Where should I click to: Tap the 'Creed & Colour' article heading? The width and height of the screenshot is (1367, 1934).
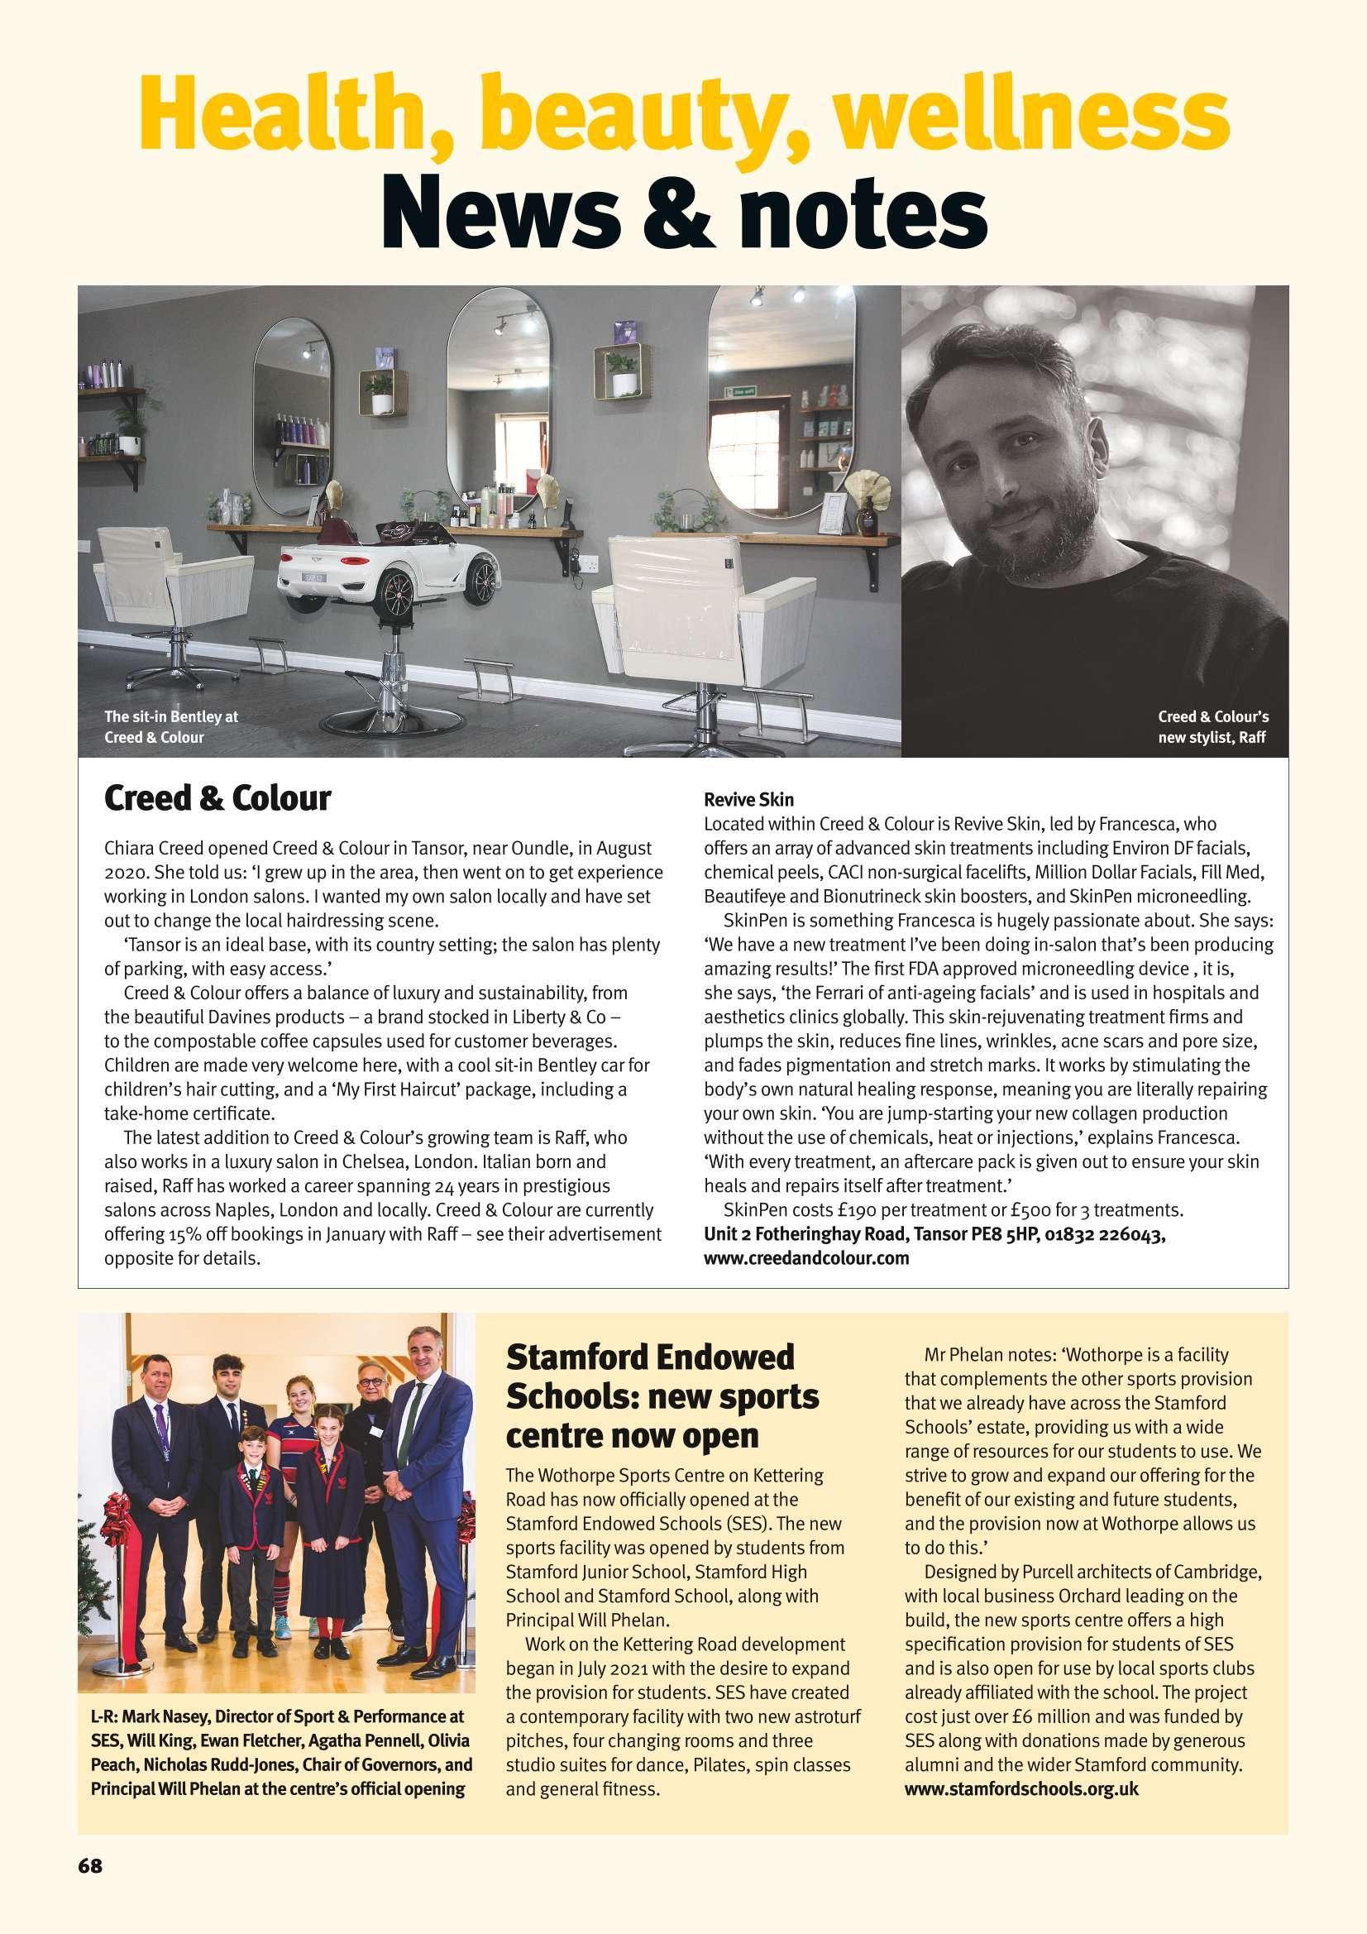point(217,798)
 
